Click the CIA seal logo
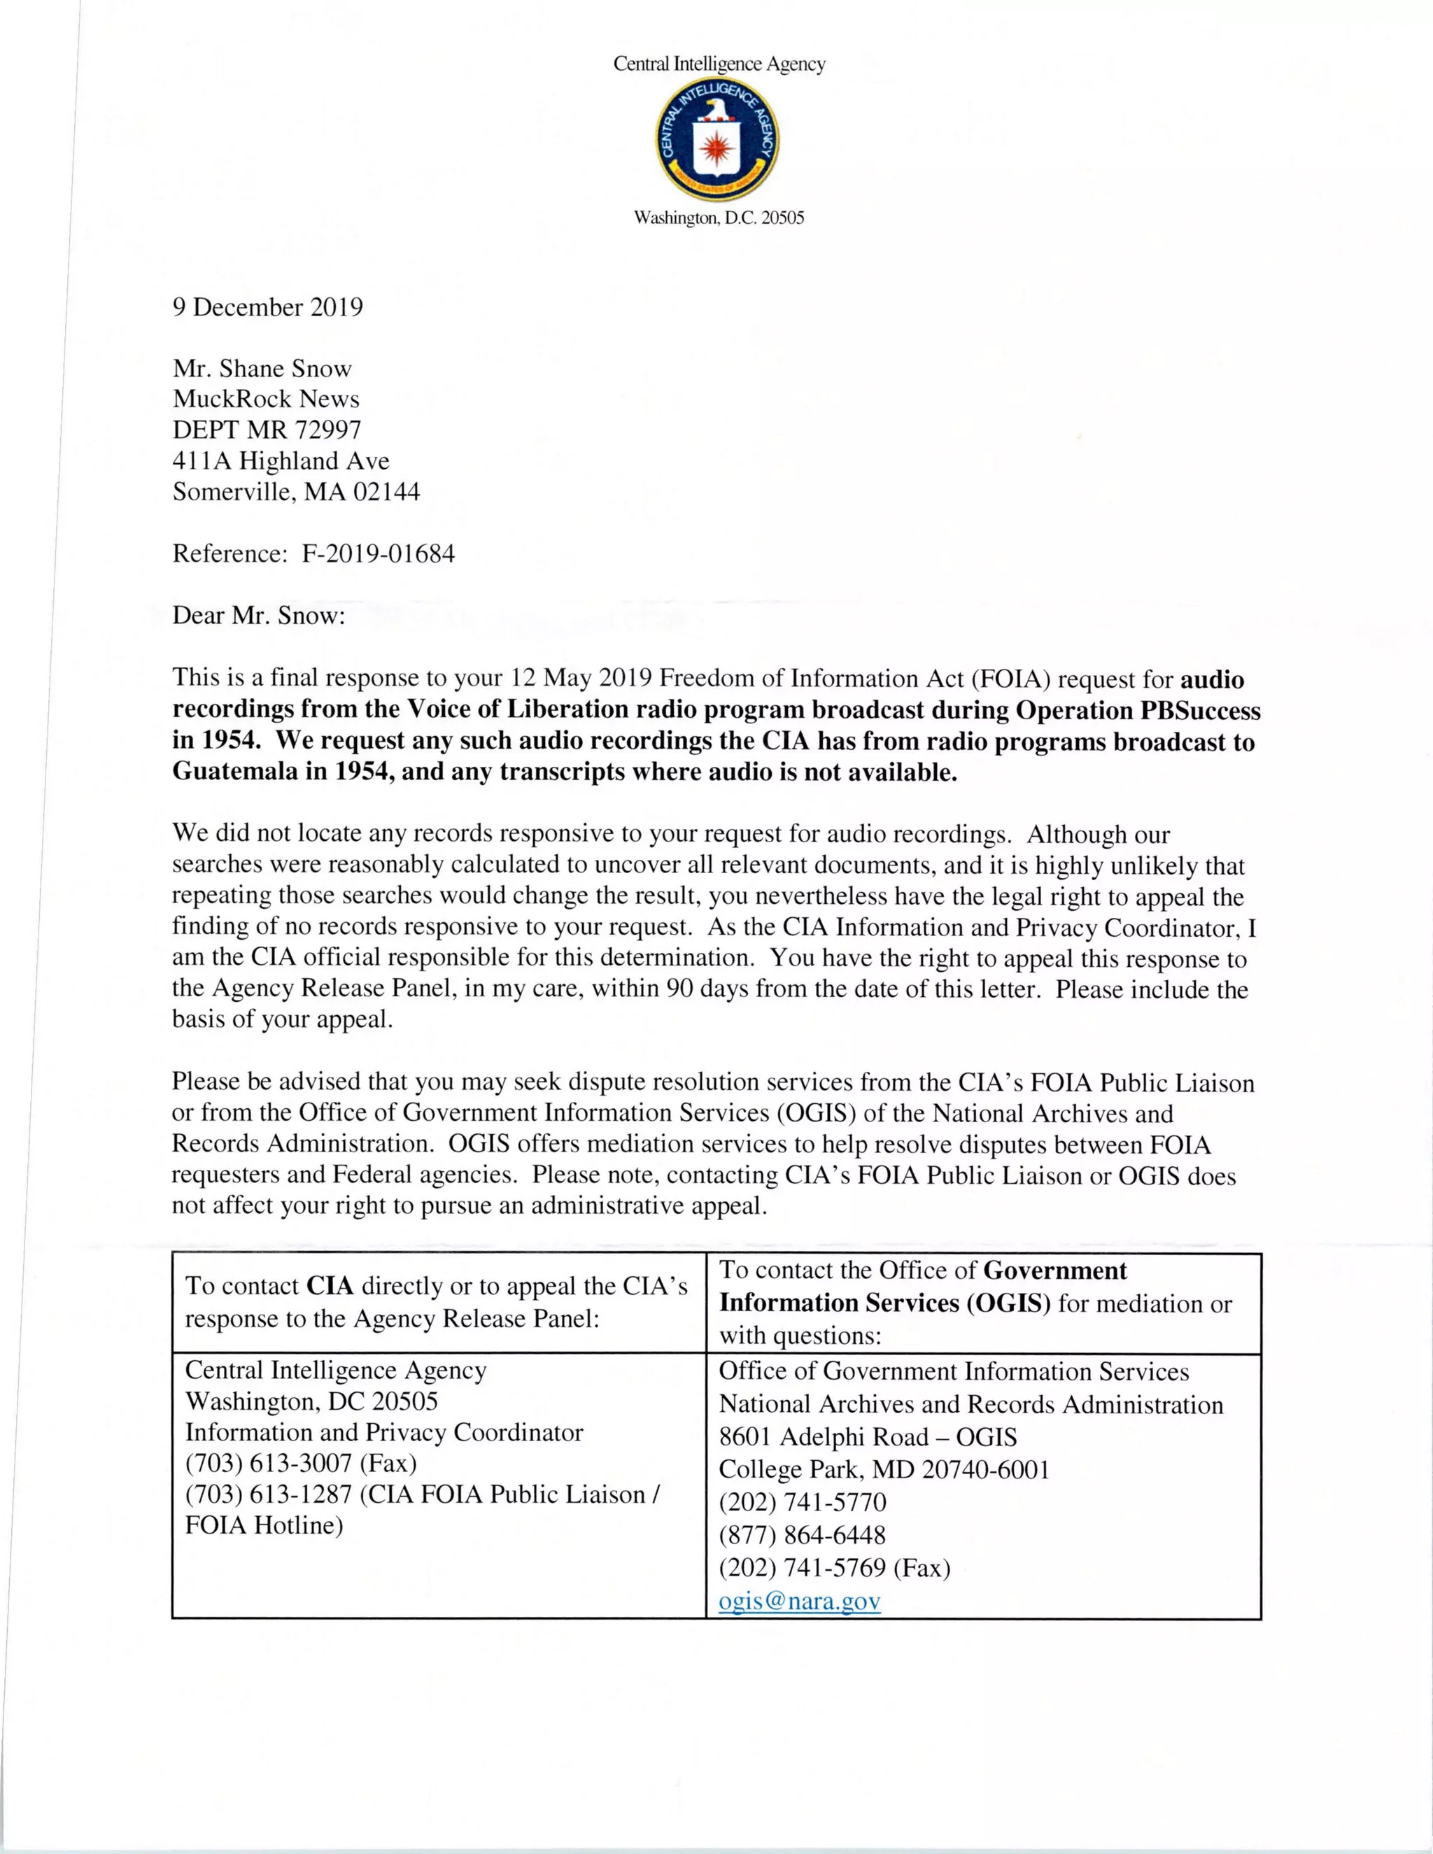click(x=717, y=141)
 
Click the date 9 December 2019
click(x=267, y=307)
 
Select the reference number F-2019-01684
click(x=378, y=554)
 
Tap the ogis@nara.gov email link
click(x=799, y=1601)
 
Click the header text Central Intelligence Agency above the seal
click(x=719, y=64)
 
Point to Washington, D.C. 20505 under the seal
click(x=719, y=218)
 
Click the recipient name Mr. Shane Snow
click(x=262, y=369)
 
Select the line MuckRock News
click(x=266, y=399)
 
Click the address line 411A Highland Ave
click(x=281, y=461)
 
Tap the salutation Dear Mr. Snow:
click(x=259, y=616)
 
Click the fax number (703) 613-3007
click(x=269, y=1464)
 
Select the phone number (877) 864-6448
click(x=803, y=1535)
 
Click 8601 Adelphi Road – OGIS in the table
click(x=868, y=1437)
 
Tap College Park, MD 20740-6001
click(x=884, y=1469)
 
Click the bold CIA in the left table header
click(x=330, y=1286)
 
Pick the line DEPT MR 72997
click(x=267, y=430)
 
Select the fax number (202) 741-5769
click(x=803, y=1567)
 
